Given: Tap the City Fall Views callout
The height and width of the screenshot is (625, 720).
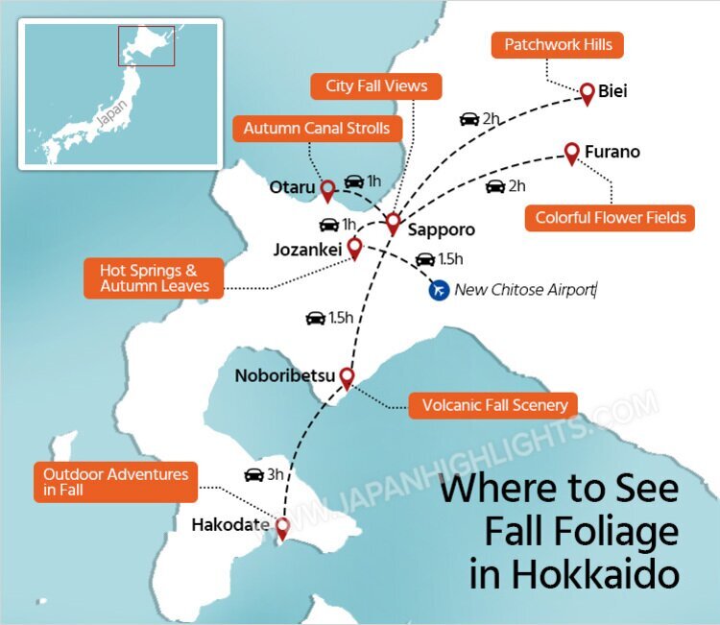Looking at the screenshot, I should point(376,85).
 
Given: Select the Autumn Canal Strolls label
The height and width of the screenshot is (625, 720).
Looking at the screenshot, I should point(316,129).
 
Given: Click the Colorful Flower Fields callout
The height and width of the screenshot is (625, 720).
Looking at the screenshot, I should point(611,218).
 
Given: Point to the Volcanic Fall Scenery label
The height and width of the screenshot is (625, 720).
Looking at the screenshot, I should point(494,405).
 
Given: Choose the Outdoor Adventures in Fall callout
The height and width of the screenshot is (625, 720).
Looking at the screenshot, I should point(115,482).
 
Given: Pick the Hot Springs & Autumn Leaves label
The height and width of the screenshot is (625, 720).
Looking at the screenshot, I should point(155,278).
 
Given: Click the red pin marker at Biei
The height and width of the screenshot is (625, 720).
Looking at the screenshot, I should point(588,93).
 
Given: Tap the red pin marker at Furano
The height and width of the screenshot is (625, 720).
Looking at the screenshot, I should point(571,152).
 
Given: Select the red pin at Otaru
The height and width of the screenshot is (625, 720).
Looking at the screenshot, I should point(327,189).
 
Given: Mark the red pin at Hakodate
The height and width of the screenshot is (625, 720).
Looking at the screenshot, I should point(282,528).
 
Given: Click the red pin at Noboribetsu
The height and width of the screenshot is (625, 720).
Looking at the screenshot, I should point(347,377).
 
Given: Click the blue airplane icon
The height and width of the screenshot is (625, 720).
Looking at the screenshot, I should point(439,289).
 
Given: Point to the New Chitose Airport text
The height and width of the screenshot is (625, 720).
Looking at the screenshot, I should point(524,289).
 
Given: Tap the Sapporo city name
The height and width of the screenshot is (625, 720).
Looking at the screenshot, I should point(441,231).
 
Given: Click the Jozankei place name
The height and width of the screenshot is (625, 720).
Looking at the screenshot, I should point(307,250).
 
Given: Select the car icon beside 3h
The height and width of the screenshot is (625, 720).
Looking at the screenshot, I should point(253,474).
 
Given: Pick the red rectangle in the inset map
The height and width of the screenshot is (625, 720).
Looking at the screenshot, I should point(146,45).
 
